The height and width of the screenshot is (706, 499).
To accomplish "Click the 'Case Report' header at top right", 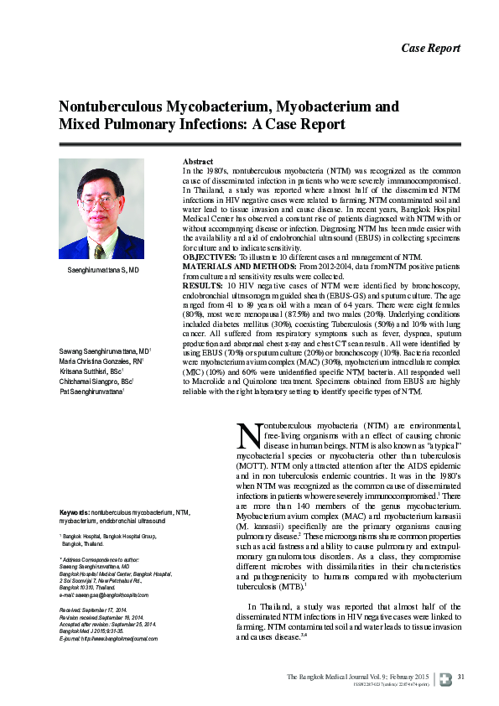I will (x=431, y=47).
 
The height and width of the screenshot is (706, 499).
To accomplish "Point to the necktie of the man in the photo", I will (x=99, y=243).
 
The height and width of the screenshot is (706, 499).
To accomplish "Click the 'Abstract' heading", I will (x=198, y=161).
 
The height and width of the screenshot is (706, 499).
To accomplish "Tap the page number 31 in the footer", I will (x=460, y=677).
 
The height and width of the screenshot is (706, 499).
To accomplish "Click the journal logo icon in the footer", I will (x=444, y=677).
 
